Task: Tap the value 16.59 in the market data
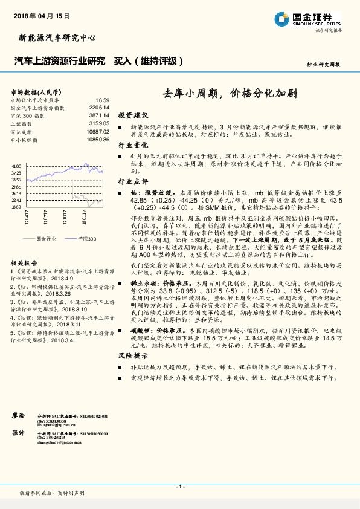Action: click(101, 100)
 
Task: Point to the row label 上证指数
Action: click(22, 123)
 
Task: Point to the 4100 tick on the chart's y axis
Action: click(16, 166)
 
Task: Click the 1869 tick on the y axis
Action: click(16, 206)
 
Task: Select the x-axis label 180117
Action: click(83, 216)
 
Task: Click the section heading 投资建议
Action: click(133, 115)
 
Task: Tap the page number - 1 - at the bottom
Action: click(179, 487)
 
